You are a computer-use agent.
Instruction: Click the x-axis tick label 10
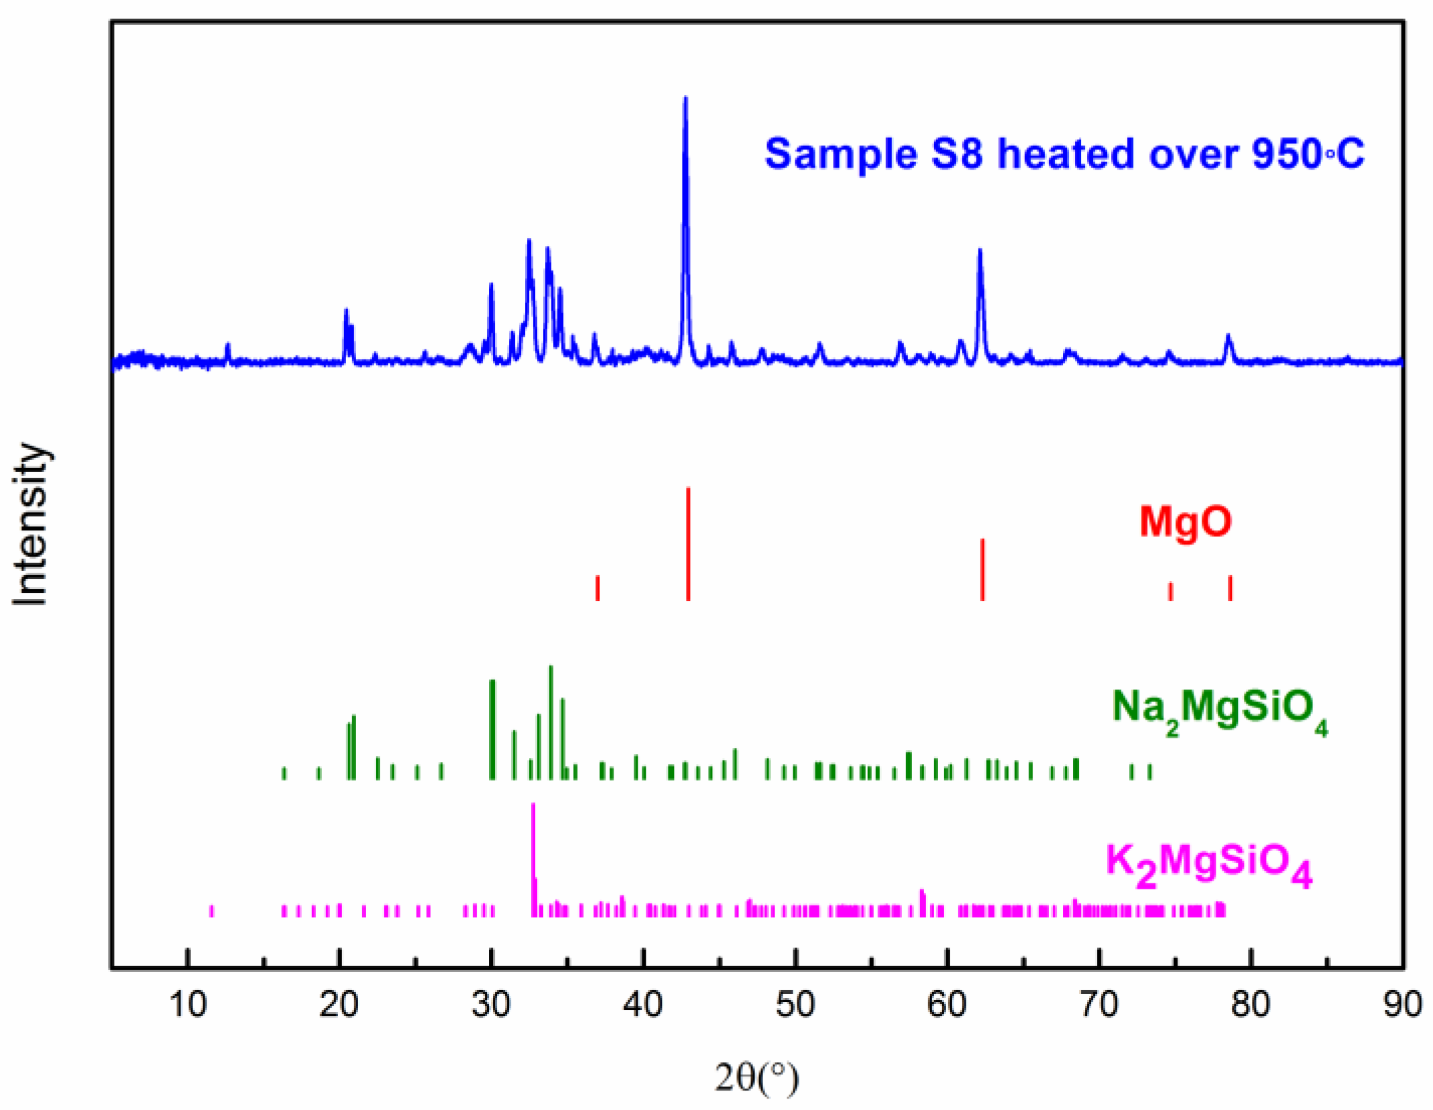pos(188,1005)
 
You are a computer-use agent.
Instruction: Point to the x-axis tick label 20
pos(339,1005)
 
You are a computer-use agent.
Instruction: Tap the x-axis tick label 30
pos(492,1005)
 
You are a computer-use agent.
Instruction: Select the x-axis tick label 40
pos(643,1005)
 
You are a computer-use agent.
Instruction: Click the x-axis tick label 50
pos(795,1005)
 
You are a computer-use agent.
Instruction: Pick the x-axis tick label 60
pos(947,1005)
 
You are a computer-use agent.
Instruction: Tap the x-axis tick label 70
pos(1099,1005)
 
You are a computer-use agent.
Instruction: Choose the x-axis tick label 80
pos(1251,1005)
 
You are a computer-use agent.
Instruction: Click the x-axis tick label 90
pos(1402,1005)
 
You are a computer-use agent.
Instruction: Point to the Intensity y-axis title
pos(31,524)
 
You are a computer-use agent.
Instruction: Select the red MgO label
pos(1186,521)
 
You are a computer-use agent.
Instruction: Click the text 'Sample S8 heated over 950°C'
pos(1064,154)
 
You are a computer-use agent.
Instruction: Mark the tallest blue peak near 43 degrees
pos(685,101)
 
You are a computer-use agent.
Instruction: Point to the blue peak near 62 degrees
pos(980,252)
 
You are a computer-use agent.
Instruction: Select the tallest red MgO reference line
pos(688,543)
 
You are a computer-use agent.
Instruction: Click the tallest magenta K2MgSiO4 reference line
pos(533,858)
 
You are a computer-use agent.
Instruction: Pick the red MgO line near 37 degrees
pos(597,588)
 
